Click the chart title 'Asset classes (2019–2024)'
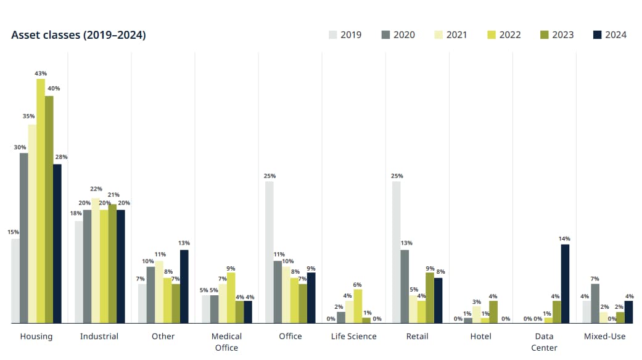tap(78, 35)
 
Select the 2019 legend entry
tap(345, 35)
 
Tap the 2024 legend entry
tap(609, 35)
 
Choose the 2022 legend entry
tap(503, 35)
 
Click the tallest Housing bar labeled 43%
tap(41, 201)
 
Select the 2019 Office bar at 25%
tap(270, 252)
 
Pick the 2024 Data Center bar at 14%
tap(565, 284)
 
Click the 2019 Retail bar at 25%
tap(396, 252)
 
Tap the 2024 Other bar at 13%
tap(184, 287)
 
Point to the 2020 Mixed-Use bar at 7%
tap(595, 303)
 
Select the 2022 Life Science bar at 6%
tap(358, 306)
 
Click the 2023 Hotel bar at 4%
tap(493, 312)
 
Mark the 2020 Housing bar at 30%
tap(23, 238)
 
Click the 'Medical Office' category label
tap(226, 342)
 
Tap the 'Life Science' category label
tap(353, 337)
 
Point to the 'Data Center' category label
tap(544, 342)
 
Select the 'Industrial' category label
tap(99, 337)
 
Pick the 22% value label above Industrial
tap(96, 189)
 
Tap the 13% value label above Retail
tap(406, 243)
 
